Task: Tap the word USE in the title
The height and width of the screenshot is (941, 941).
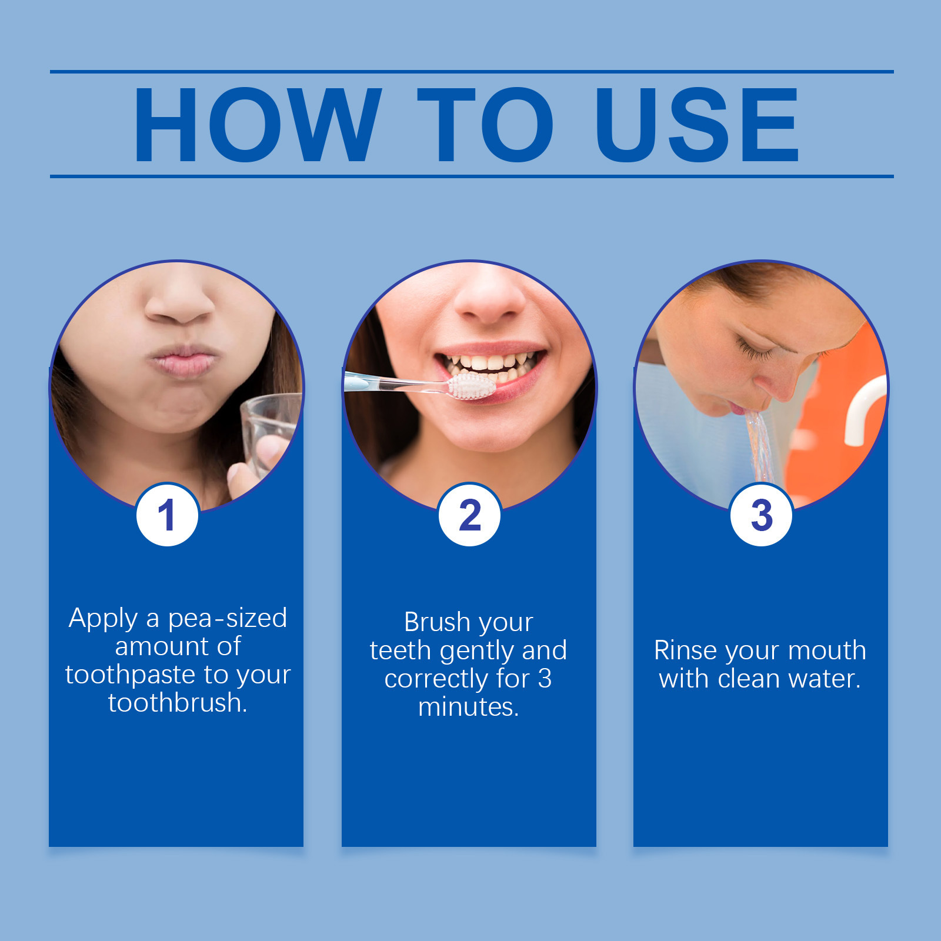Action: point(697,125)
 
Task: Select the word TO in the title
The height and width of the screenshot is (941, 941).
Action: point(485,125)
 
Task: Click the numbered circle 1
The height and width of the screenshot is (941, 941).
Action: point(168,515)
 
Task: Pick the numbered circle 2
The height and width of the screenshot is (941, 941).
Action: point(469,515)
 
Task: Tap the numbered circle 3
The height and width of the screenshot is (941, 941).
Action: point(761,515)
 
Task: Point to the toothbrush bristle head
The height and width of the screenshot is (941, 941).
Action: point(472,387)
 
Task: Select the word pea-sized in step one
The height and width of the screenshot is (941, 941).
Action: point(228,619)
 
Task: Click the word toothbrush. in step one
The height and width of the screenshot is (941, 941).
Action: point(178,703)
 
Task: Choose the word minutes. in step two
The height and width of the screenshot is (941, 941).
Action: point(469,707)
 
